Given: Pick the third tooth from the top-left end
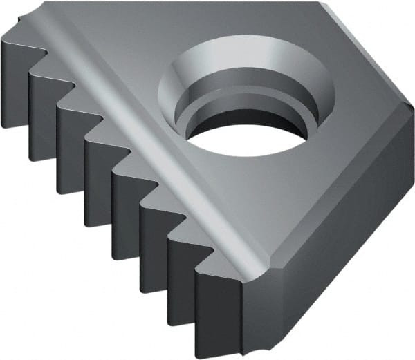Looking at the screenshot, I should pyautogui.click(x=70, y=145).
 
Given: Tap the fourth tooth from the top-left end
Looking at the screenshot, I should pyautogui.click(x=98, y=173).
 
